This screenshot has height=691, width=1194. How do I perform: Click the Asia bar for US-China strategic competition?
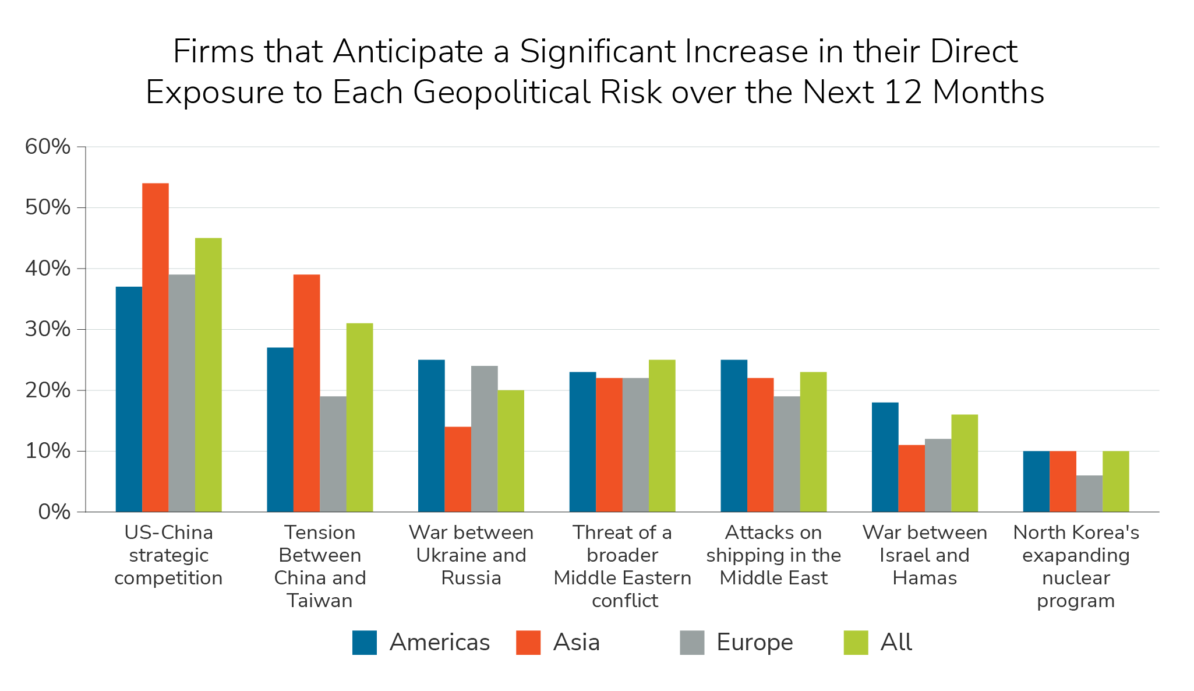(x=156, y=348)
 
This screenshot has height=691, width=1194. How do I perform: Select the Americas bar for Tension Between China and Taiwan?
(x=280, y=430)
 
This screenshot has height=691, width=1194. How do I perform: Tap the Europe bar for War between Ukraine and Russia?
(x=485, y=439)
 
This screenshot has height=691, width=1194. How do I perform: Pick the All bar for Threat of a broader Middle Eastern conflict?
(x=662, y=436)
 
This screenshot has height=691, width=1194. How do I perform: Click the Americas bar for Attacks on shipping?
(x=734, y=436)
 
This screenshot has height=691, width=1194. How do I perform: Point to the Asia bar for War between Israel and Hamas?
(x=912, y=478)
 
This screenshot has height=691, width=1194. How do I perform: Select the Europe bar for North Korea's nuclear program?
(x=1089, y=493)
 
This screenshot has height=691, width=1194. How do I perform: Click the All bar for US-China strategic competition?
(x=209, y=375)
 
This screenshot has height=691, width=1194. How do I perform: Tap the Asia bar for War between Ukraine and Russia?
(x=458, y=470)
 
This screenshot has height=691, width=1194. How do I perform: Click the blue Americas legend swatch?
(x=365, y=643)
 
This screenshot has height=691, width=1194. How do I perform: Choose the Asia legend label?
(x=577, y=643)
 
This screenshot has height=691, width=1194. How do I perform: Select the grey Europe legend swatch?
(x=692, y=643)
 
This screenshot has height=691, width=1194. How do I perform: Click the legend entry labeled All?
(x=896, y=643)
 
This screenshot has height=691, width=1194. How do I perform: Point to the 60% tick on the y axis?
(x=48, y=147)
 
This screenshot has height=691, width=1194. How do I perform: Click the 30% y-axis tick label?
(x=48, y=330)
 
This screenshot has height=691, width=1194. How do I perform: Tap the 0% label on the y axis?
(x=54, y=513)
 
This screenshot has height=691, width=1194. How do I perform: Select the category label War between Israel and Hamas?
(x=925, y=555)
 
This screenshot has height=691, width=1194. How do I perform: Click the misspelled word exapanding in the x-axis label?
(x=1076, y=555)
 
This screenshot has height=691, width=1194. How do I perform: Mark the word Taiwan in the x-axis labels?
(x=320, y=601)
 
